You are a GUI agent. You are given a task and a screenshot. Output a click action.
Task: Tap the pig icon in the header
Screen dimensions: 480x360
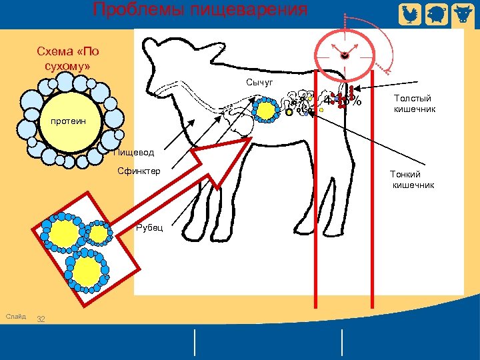pos(435,13)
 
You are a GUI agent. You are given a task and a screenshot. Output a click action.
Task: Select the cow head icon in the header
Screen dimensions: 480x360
pos(462,13)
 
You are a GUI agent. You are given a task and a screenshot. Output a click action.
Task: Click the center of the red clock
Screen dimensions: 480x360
pos(345,56)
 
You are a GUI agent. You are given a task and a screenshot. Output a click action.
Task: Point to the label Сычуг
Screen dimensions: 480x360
pos(259,82)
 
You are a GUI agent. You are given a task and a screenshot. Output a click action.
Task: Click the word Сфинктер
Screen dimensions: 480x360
pos(138,171)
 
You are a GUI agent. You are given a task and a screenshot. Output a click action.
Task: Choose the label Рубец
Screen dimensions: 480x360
pos(145,228)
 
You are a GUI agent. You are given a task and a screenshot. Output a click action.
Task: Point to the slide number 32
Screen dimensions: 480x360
pos(41,319)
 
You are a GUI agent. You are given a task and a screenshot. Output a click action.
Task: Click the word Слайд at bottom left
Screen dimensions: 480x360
pos(15,316)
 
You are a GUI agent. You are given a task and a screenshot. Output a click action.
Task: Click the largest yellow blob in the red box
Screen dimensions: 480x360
pos(65,232)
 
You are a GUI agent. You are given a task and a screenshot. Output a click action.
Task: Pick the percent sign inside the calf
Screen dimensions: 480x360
pos(358,102)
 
